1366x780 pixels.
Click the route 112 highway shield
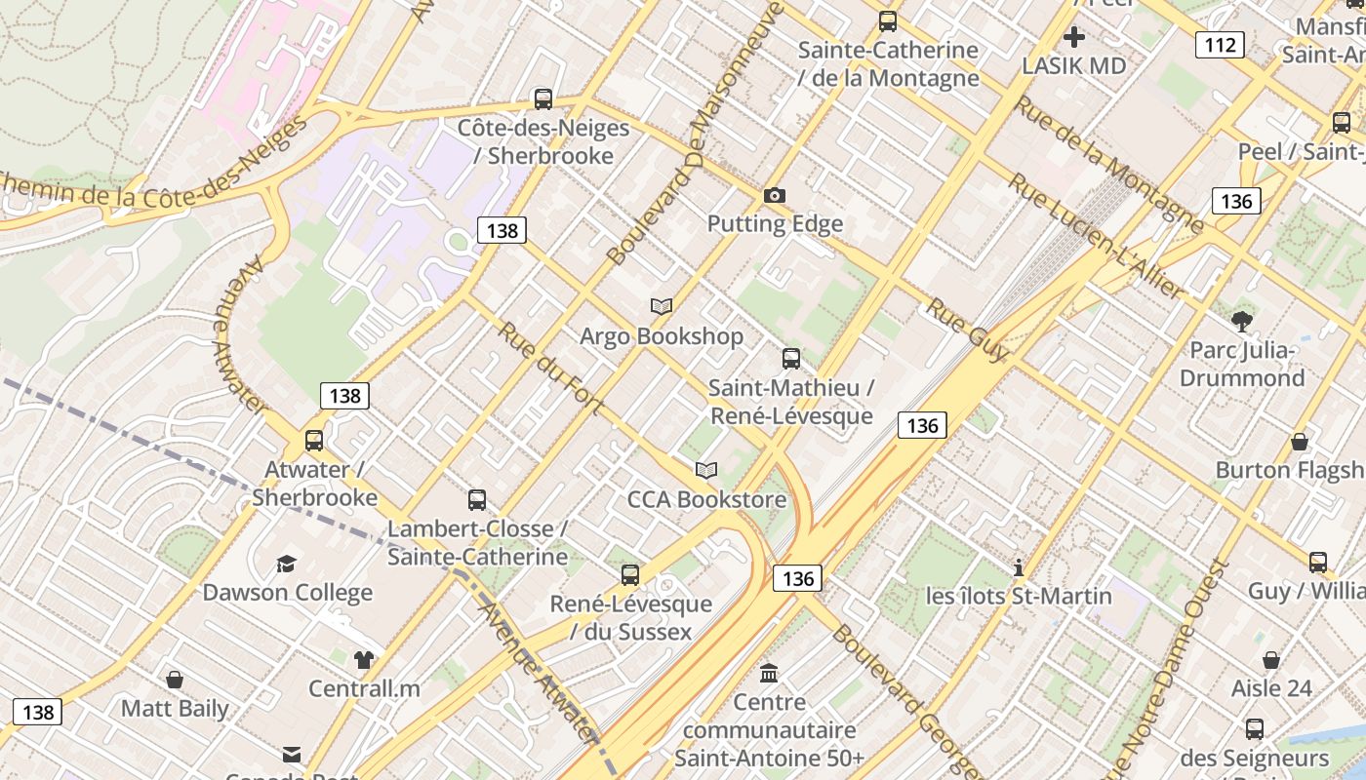pyautogui.click(x=1220, y=44)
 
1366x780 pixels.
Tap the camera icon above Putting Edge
pyautogui.click(x=775, y=195)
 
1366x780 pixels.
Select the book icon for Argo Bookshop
pyautogui.click(x=662, y=306)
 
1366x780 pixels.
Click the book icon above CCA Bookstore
pyautogui.click(x=706, y=470)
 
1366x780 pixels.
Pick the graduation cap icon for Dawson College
pyautogui.click(x=286, y=564)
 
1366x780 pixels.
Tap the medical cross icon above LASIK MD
pyautogui.click(x=1074, y=37)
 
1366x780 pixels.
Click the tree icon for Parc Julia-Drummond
pyautogui.click(x=1242, y=320)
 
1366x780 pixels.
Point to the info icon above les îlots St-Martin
pyautogui.click(x=1019, y=567)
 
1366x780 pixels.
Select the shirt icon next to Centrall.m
pyautogui.click(x=364, y=659)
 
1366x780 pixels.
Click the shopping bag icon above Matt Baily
pyautogui.click(x=175, y=680)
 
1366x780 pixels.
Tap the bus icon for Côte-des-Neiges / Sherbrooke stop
pyautogui.click(x=543, y=98)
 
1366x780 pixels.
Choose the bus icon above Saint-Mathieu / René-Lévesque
pyautogui.click(x=791, y=358)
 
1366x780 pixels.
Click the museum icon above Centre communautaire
pyautogui.click(x=769, y=673)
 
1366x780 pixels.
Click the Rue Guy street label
pyautogui.click(x=966, y=330)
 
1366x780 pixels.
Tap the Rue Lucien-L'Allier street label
pyautogui.click(x=1095, y=237)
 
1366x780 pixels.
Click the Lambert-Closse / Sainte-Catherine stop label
pyautogui.click(x=477, y=543)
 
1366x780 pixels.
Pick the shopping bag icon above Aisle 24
pyautogui.click(x=1271, y=660)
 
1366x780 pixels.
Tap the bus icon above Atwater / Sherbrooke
pyautogui.click(x=314, y=440)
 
